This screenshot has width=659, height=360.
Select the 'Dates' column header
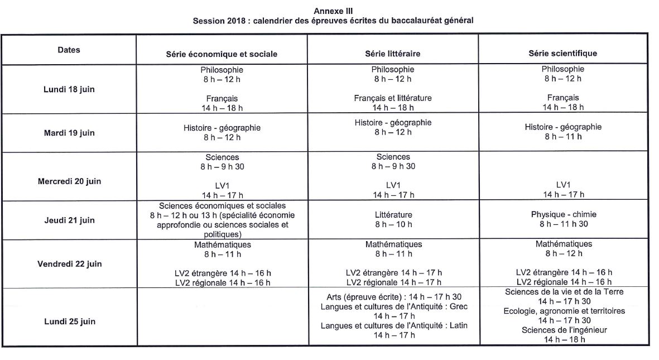[69, 50]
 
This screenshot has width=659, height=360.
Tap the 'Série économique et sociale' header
[222, 54]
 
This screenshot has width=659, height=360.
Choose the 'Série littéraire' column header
[392, 54]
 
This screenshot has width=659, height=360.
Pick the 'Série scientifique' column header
[562, 53]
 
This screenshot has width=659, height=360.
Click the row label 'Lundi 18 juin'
[69, 89]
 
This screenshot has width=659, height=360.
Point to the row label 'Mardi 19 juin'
[69, 133]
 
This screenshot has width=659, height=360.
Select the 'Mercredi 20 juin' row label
[69, 181]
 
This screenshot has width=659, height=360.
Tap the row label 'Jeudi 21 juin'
[69, 220]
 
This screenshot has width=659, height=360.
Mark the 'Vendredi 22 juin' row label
[69, 263]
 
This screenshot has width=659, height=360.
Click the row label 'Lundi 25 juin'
[69, 321]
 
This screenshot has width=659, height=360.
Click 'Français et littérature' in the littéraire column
[392, 98]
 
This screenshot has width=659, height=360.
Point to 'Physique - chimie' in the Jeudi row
[562, 214]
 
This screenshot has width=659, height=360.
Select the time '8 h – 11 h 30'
[562, 224]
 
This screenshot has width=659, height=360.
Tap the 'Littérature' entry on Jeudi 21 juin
[393, 214]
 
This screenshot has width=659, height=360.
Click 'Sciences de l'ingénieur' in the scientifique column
[564, 330]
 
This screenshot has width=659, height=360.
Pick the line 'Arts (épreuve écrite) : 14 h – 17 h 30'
[393, 296]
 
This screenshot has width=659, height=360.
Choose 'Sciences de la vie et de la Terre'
[564, 291]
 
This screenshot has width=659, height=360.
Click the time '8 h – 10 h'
[393, 224]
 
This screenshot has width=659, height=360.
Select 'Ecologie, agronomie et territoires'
[564, 311]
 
